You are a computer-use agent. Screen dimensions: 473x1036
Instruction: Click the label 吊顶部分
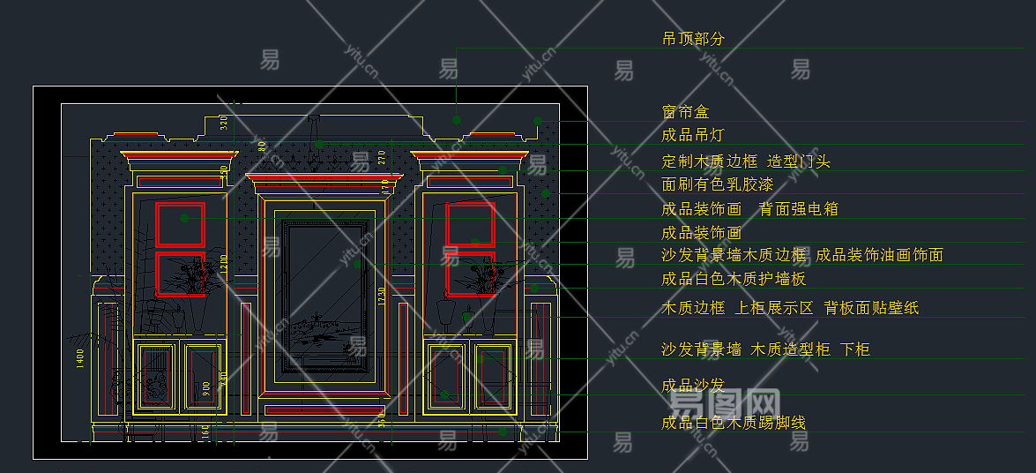point(693,39)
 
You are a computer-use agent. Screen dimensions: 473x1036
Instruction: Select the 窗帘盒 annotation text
point(685,112)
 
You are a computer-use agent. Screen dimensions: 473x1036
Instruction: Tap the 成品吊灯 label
point(693,135)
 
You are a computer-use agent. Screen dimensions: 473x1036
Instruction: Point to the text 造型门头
point(799,161)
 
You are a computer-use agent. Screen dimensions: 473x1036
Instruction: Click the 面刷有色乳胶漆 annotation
point(718,184)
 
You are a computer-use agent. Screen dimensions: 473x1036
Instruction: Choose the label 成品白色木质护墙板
point(734,279)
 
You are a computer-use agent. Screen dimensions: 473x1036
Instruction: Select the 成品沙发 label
point(693,385)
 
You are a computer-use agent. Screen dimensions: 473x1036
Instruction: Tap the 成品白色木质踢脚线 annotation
point(734,423)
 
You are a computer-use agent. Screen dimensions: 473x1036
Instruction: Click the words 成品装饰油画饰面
point(879,255)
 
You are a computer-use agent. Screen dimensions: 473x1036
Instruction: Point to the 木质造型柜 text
point(790,349)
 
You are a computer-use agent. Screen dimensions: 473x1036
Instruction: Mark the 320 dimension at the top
point(224,123)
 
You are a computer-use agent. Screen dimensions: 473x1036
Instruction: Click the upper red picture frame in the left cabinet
point(181,224)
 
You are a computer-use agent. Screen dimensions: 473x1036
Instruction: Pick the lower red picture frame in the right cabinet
point(470,274)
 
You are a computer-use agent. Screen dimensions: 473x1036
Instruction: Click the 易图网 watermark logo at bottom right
point(725,407)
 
